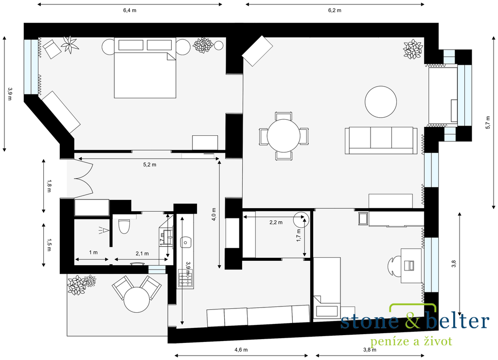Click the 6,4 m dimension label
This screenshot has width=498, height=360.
tap(129, 10)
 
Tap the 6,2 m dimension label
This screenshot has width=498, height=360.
tap(335, 10)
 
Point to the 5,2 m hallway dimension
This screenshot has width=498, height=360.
tap(150, 164)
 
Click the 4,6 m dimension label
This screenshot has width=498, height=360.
tap(241, 350)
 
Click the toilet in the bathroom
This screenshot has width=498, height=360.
tap(124, 226)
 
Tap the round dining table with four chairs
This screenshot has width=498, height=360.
tap(284, 136)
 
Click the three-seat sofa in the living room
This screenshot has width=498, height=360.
tap(381, 141)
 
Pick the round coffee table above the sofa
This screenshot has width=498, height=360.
tap(380, 102)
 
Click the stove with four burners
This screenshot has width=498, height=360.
tap(185, 279)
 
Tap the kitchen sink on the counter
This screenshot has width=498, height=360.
tap(185, 242)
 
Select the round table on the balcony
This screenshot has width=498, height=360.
tap(137, 300)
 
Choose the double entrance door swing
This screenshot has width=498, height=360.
tap(84, 179)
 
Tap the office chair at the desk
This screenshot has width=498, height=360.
tap(394, 265)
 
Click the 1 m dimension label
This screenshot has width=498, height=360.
tap(93, 252)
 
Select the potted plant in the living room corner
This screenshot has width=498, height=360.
tap(413, 49)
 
